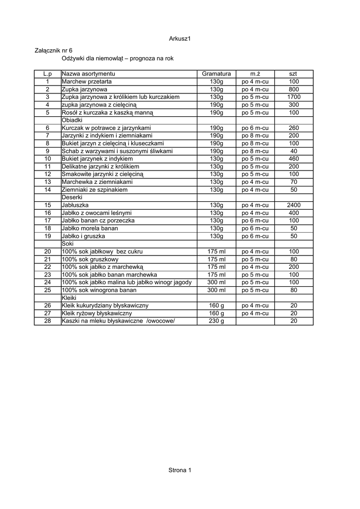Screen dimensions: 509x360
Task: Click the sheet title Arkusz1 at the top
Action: [x=180, y=39]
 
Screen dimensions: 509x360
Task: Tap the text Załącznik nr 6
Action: [x=54, y=51]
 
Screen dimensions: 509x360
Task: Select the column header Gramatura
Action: [x=216, y=74]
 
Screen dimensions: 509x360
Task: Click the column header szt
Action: [x=293, y=74]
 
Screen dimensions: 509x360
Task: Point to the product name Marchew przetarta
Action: [x=87, y=82]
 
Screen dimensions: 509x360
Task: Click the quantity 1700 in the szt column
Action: [x=293, y=97]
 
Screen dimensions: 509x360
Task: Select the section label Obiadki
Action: [x=72, y=120]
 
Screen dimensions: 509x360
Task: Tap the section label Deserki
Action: [x=72, y=197]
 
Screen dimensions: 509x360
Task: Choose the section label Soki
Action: [x=68, y=244]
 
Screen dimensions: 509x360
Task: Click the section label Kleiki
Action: [x=70, y=298]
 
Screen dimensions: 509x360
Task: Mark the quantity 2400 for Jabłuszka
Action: [x=293, y=205]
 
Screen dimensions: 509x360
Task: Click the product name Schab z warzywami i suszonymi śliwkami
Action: [x=117, y=151]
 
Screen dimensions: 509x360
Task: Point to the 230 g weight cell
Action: [x=216, y=321]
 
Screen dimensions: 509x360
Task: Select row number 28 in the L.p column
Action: [x=48, y=321]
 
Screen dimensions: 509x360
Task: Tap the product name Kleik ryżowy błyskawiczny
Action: [x=96, y=313]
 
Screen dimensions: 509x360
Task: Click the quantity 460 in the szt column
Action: [x=293, y=159]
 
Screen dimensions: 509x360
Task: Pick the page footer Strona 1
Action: [x=180, y=470]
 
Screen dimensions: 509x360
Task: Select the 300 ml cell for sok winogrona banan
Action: [x=216, y=290]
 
